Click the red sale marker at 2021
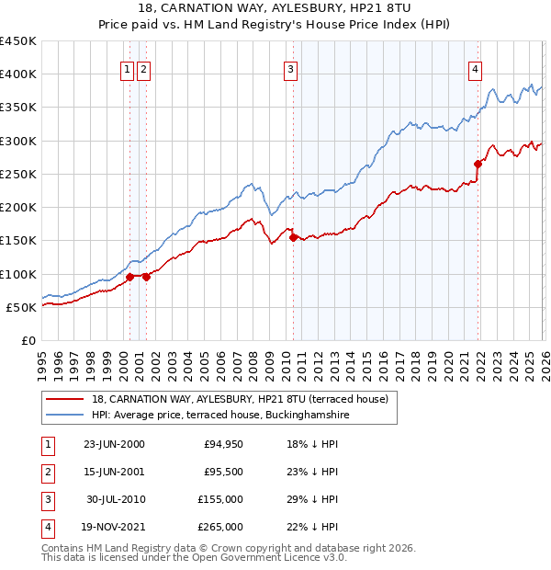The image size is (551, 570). point(478,165)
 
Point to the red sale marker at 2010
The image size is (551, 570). point(293,237)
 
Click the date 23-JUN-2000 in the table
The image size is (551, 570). point(114,444)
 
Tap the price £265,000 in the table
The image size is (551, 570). point(221,527)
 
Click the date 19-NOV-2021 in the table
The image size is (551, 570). point(114,527)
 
